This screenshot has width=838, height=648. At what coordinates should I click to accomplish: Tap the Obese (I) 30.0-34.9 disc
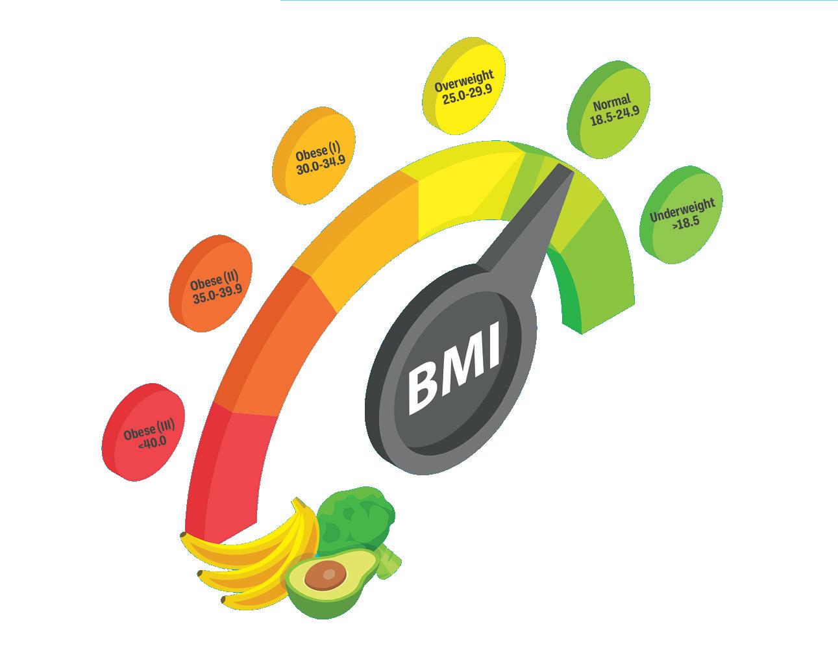(x=316, y=156)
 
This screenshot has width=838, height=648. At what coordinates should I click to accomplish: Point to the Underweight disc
(x=682, y=215)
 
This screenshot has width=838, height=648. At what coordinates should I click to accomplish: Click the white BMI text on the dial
(x=454, y=368)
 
